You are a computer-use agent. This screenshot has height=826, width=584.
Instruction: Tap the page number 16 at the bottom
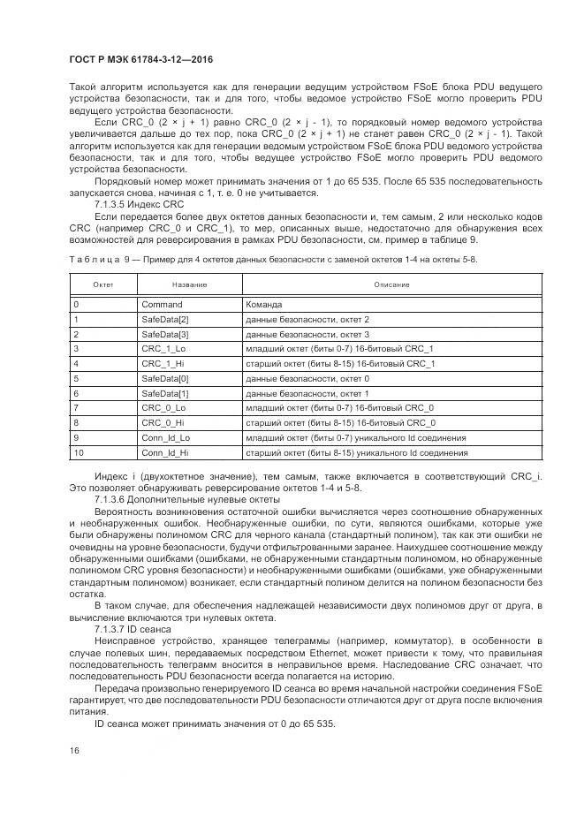point(74,749)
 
